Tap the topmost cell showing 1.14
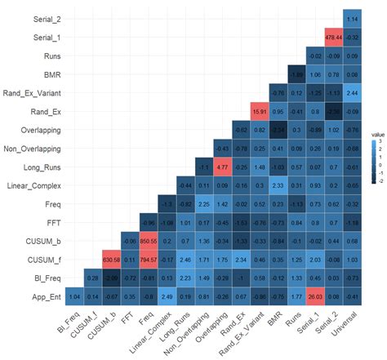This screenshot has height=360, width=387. click(x=353, y=18)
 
